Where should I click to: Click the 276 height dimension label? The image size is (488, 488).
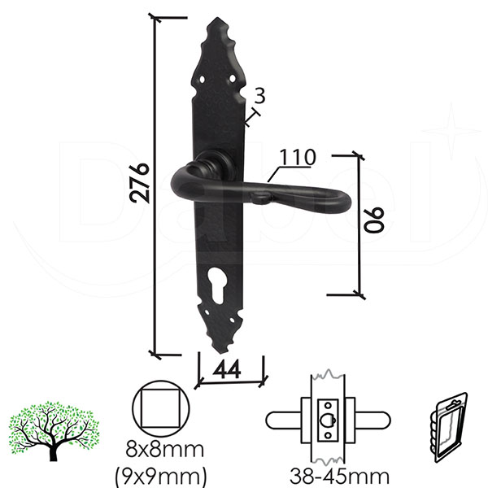139,183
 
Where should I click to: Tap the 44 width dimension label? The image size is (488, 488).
227,369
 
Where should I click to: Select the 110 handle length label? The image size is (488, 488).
298,158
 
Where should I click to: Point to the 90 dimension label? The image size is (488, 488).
374,220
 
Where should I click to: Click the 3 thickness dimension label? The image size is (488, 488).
259,95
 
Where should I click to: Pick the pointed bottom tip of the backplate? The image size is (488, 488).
221,353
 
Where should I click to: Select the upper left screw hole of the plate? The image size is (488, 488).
203,80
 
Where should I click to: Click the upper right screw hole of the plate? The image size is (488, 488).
233,78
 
